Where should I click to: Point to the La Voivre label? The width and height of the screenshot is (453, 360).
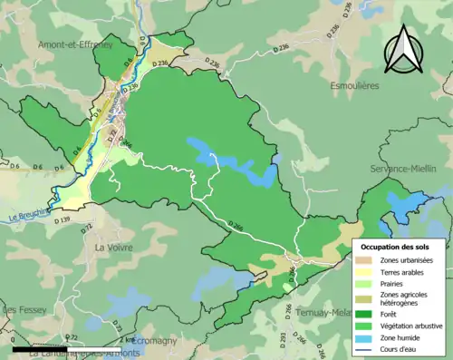coord(114,246)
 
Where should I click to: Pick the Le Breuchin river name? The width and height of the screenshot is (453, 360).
coord(28,216)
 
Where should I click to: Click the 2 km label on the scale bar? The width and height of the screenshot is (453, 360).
coord(127,340)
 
